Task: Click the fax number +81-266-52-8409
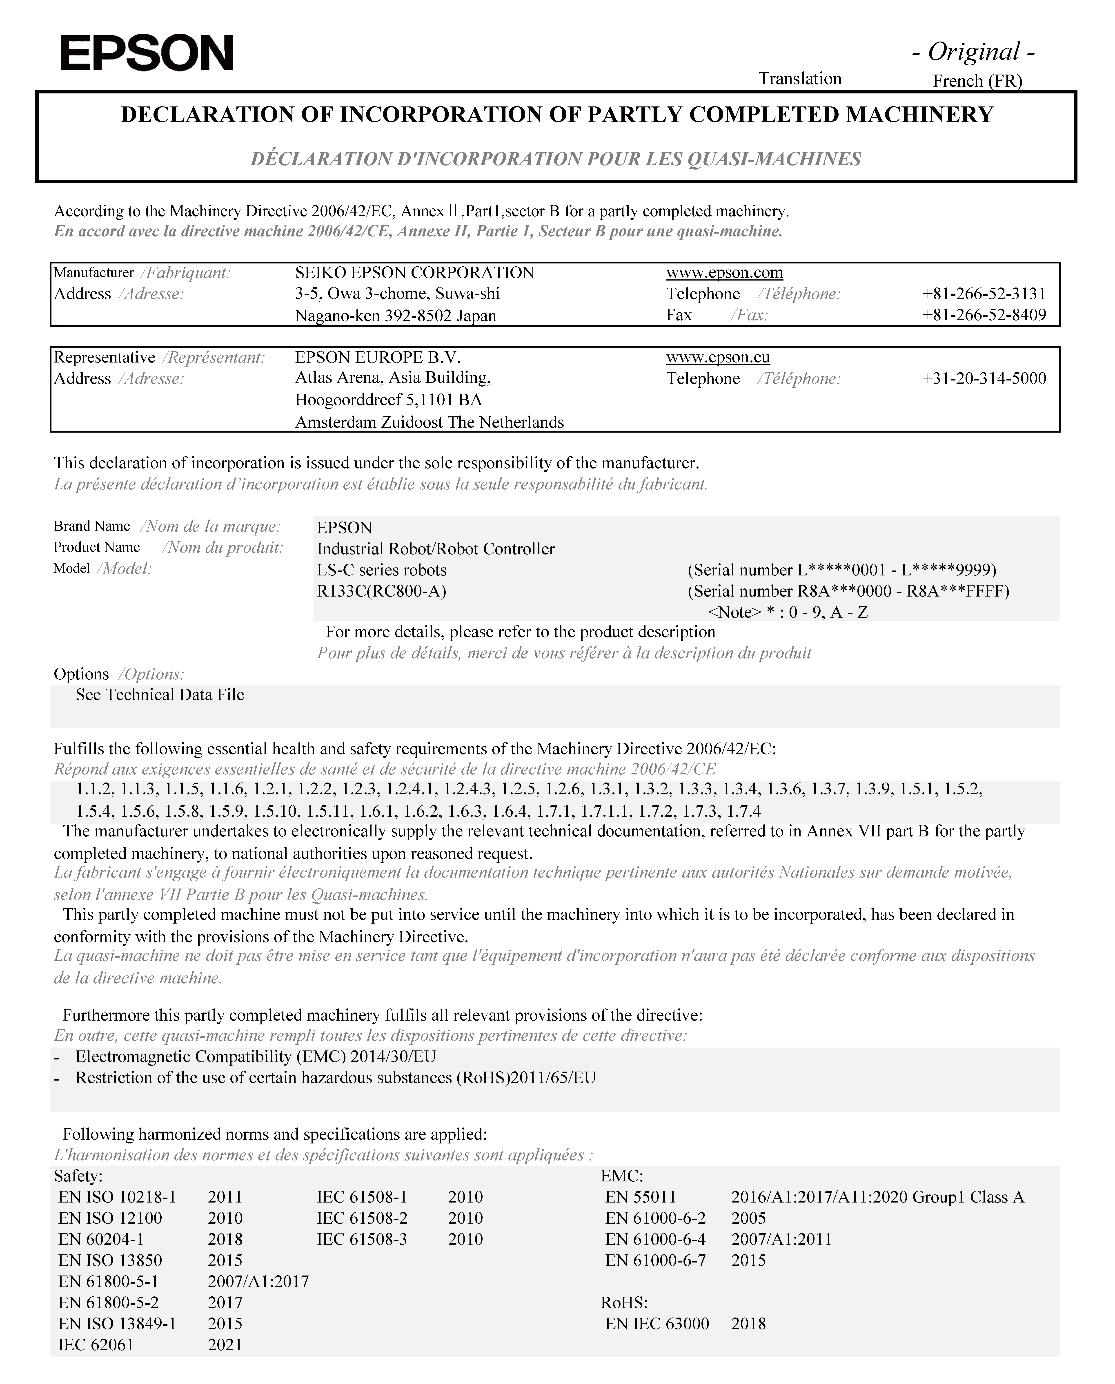point(984,315)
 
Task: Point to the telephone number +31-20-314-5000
point(984,379)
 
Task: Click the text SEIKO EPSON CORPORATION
point(414,273)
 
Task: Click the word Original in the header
point(974,52)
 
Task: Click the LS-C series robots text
point(381,570)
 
